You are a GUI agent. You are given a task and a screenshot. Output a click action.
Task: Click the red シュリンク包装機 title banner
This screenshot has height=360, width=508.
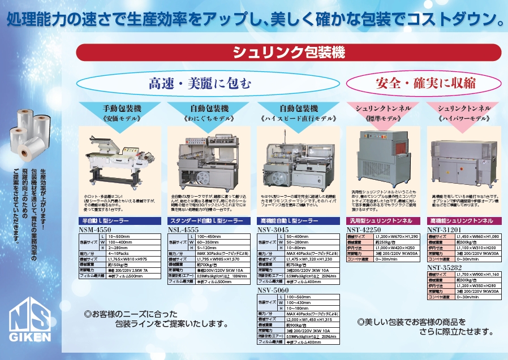(289, 53)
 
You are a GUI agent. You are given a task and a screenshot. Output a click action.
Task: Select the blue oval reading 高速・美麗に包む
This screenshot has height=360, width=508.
(199, 84)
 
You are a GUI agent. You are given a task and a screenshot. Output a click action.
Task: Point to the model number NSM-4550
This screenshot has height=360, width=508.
(96, 229)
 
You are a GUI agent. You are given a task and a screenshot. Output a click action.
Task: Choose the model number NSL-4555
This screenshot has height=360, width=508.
(184, 230)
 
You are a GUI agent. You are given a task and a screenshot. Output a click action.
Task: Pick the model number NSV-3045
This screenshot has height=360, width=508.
(273, 230)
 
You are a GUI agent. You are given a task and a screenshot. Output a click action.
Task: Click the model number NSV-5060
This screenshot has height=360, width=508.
(273, 290)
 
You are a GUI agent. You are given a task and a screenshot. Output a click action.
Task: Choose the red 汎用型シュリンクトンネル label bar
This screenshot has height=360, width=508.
(384, 220)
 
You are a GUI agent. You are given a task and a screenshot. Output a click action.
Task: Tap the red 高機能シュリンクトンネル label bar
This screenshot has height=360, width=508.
(464, 220)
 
